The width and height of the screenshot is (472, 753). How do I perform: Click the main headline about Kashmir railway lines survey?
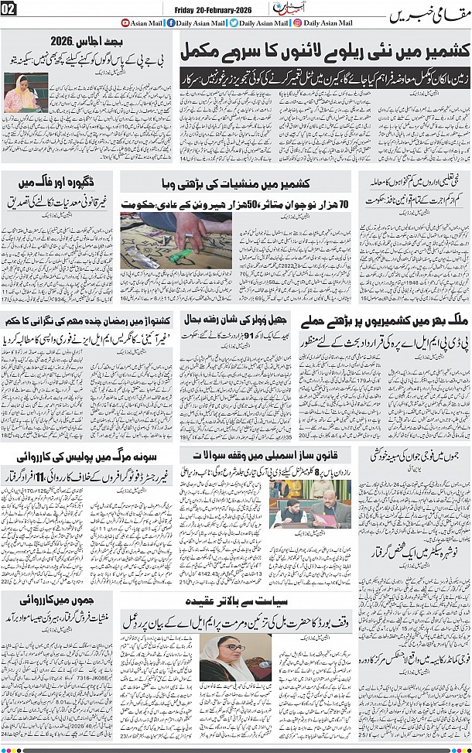point(324,53)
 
